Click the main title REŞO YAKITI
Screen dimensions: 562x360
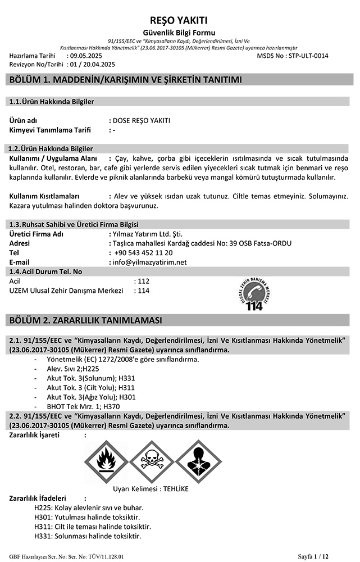[180, 19]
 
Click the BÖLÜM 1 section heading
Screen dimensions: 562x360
[126, 80]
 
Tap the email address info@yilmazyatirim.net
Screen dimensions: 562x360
[150, 262]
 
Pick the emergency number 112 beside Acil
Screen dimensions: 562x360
[143, 281]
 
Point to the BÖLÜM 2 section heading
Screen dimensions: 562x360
[86, 320]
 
